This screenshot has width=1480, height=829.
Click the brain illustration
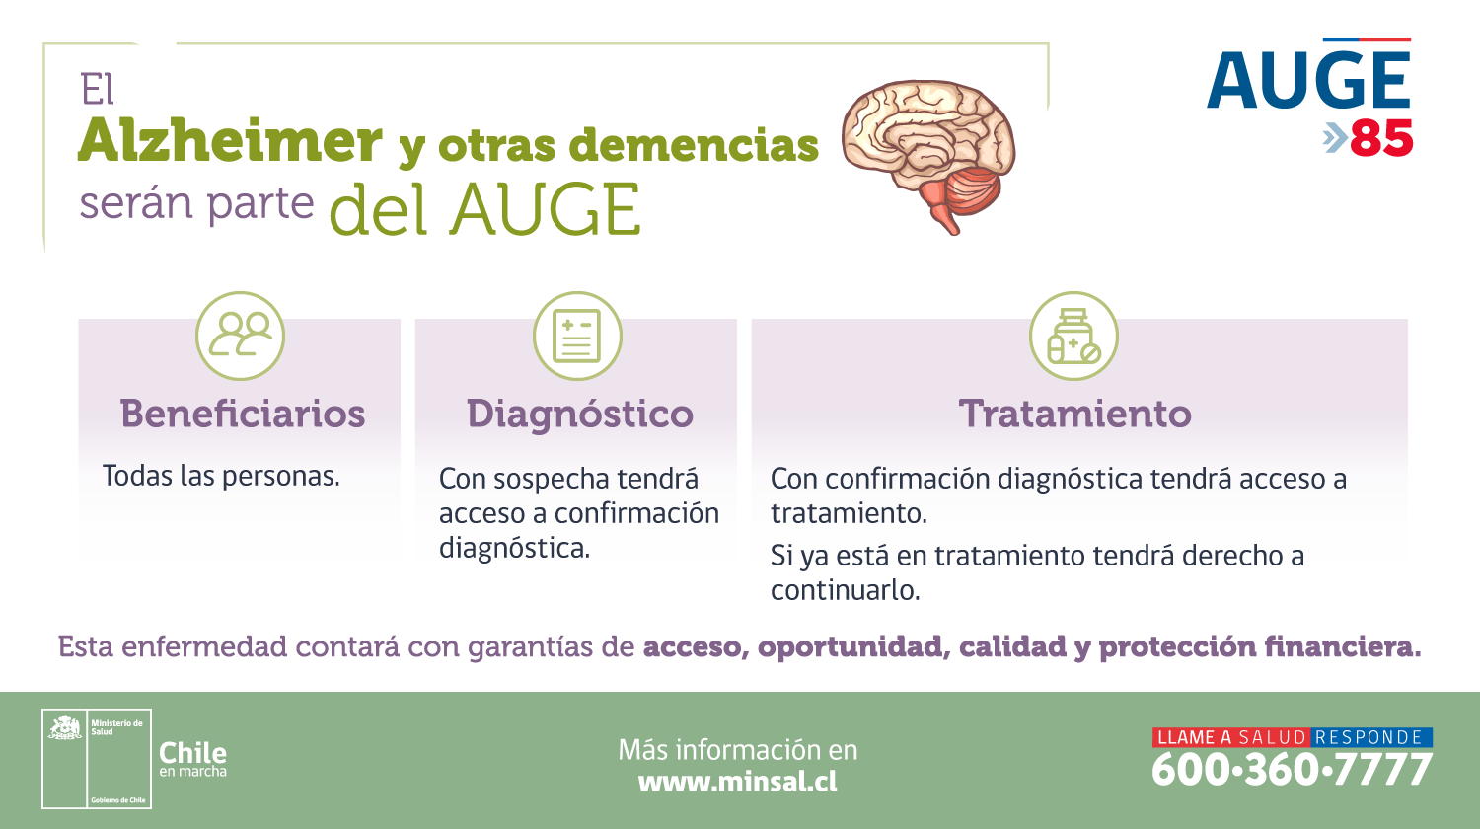[x=928, y=155]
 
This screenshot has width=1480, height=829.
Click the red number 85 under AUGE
[x=1381, y=138]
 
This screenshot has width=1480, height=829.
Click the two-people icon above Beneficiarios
[x=240, y=336]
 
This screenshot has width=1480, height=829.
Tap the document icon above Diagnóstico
[x=577, y=336]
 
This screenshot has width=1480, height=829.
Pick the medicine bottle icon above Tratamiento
[x=1073, y=336]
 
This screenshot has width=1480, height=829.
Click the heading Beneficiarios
[x=243, y=414]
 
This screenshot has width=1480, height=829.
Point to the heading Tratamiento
[x=1075, y=414]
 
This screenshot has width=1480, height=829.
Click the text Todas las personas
[x=221, y=476]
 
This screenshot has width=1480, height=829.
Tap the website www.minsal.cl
[x=737, y=782]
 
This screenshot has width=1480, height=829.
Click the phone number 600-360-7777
[x=1292, y=770]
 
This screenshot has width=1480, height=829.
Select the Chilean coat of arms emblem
[x=65, y=727]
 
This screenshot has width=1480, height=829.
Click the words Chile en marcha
[x=193, y=759]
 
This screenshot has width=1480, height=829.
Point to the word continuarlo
[x=845, y=590]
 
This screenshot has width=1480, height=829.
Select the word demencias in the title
[x=694, y=145]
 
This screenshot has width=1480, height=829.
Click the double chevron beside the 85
[x=1335, y=138]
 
